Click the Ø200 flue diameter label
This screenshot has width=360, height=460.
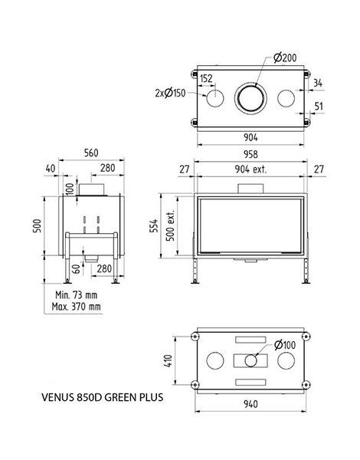point(285,58)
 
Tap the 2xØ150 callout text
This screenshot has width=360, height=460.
point(170,94)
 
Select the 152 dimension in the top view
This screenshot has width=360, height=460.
point(206,78)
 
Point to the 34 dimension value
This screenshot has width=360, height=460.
point(318,83)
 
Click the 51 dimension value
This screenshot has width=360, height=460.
point(319,107)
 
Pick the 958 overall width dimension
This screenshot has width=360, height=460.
point(250,154)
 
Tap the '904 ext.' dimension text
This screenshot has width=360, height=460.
point(251,169)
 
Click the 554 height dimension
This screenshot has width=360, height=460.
point(154,225)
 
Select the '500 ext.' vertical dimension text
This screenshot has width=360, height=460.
point(170,225)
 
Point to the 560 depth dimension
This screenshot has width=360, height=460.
point(91,153)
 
